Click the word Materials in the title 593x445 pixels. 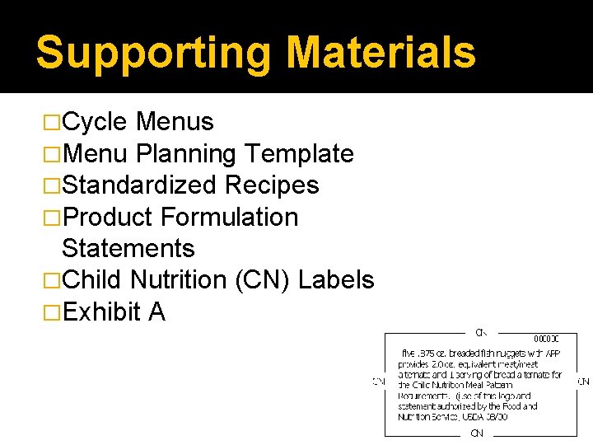click(x=381, y=52)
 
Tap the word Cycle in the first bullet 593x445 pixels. click(x=95, y=122)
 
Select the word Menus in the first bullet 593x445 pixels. click(x=175, y=122)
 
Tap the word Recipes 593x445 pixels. click(x=272, y=185)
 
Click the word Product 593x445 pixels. click(x=108, y=217)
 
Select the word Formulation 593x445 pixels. click(x=230, y=217)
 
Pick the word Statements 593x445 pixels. click(x=128, y=248)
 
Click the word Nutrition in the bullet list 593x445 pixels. click(x=178, y=279)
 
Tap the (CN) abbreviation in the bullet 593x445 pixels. click(x=263, y=279)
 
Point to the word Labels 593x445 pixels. click(x=336, y=279)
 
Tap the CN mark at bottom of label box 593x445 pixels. click(x=477, y=433)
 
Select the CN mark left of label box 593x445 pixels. click(x=378, y=382)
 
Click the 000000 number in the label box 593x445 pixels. click(x=546, y=339)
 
